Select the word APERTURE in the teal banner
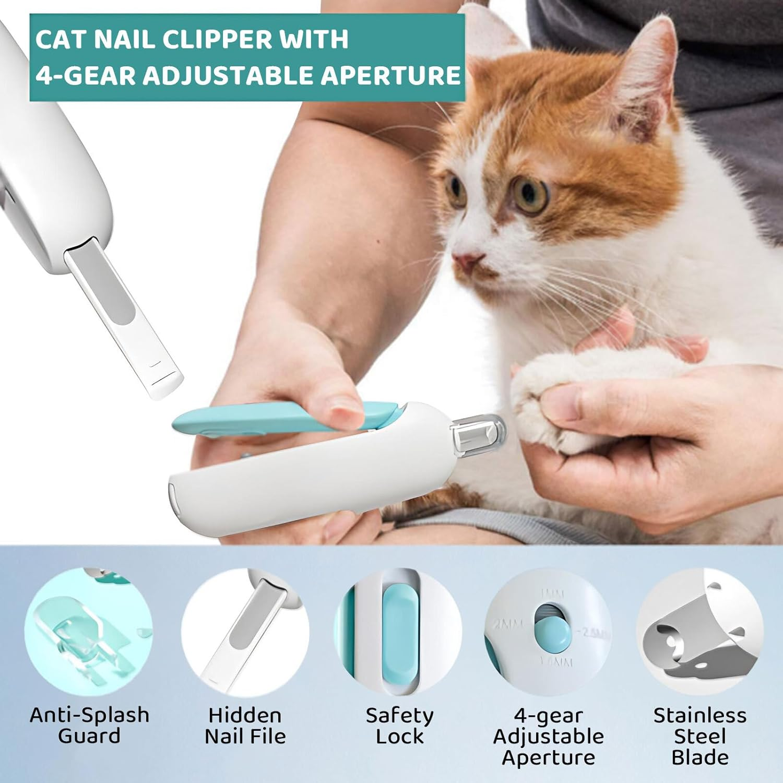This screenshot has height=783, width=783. point(390,75)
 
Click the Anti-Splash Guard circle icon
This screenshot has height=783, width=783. point(88,632)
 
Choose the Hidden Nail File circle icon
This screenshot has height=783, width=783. point(245,632)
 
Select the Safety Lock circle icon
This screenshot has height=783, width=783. point(399,632)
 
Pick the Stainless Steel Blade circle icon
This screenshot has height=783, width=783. point(699,632)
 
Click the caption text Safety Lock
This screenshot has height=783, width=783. point(399,726)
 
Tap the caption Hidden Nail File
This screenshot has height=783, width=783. point(245,726)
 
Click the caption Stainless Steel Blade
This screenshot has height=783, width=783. point(699,736)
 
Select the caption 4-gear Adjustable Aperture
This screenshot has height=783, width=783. point(548,736)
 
